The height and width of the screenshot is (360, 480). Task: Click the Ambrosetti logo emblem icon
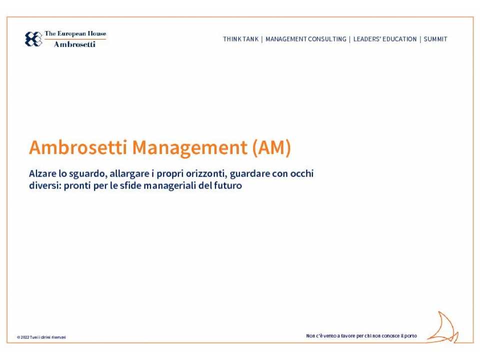pos(33,39)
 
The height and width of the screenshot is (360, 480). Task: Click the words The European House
pos(75,34)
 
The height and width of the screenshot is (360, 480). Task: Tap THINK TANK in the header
pos(240,39)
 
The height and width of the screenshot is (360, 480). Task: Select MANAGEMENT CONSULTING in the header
pos(305,39)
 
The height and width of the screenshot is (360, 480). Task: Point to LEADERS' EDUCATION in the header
pos(384,39)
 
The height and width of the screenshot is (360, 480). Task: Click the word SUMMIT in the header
pos(435,39)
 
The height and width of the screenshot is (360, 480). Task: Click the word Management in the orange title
pos(189,147)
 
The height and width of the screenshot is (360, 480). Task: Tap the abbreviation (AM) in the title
pos(271,147)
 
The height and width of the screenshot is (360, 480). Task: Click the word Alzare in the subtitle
pos(42,174)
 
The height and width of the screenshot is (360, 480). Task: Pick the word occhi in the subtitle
pos(301,174)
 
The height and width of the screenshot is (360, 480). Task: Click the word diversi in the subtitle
pos(44,186)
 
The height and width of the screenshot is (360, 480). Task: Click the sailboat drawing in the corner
pos(443,328)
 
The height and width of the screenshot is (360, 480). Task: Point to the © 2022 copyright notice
pos(41,337)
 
